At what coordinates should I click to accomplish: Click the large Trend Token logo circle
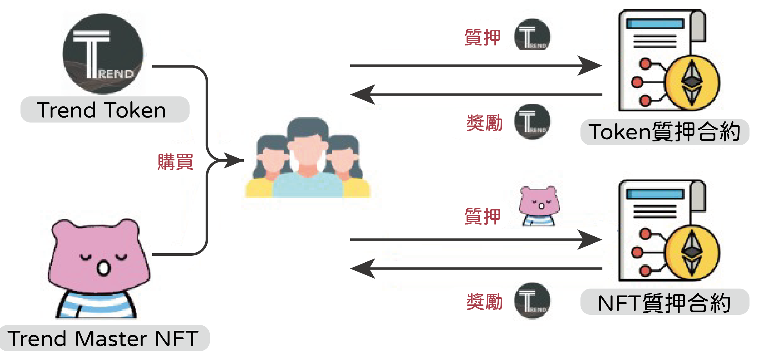103,54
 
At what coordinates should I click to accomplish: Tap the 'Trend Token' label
102,110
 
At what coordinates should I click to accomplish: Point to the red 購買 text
175,162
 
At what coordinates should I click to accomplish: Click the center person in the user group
307,160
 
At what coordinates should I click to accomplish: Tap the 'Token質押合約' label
664,132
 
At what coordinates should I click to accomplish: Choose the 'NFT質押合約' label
664,303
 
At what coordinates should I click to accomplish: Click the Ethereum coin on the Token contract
692,82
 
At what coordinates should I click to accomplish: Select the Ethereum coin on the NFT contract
692,253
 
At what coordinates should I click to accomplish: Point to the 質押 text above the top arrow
482,37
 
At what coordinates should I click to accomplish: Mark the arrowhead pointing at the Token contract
591,65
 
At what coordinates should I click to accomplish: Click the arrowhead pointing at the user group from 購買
234,160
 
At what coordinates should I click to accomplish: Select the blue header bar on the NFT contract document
655,194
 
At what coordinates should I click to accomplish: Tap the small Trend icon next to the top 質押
532,35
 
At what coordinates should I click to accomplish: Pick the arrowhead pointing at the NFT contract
591,240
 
